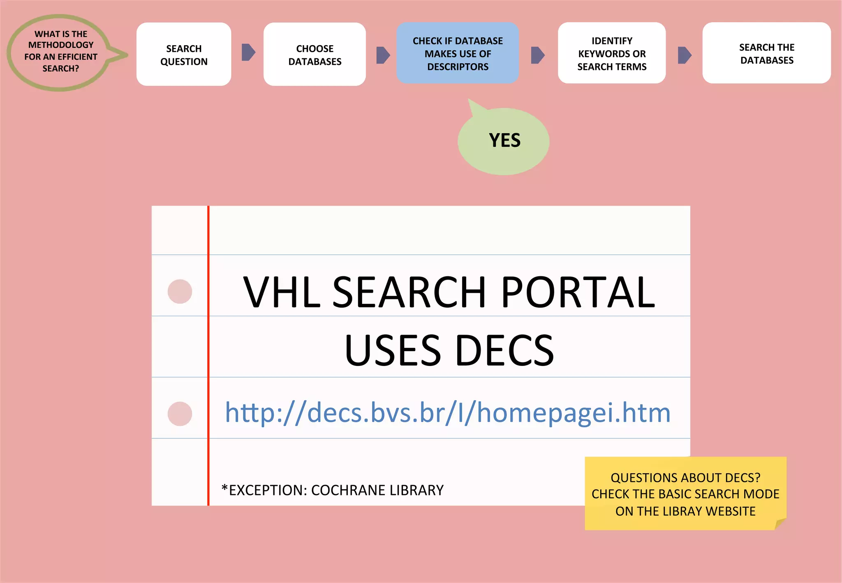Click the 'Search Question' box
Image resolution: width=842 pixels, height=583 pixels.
pos(184,54)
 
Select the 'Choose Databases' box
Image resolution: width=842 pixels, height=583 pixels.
pos(315,54)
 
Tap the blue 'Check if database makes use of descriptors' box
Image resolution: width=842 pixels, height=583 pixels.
pos(458,53)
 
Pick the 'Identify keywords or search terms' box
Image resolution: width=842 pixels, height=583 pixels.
pos(612,53)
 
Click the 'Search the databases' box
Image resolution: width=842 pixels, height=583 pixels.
pos(766,53)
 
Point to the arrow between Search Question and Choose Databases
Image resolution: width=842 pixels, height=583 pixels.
pos(248,52)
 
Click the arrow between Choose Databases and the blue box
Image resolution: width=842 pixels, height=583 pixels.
pos(383,55)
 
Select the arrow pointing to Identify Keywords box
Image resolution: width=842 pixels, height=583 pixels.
pos(537,55)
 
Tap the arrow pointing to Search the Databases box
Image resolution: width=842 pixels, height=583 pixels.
pos(684,55)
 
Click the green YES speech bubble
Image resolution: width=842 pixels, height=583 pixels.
pos(504,141)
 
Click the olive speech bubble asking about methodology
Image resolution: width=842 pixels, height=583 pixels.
pos(60,52)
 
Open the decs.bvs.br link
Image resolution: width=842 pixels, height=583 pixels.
pos(447,412)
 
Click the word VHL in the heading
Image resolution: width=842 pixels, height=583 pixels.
pos(282,292)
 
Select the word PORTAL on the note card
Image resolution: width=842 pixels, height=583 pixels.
pos(578,292)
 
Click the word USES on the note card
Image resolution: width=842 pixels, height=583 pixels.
pos(392,351)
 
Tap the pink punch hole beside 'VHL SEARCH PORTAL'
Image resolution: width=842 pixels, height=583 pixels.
pos(180,291)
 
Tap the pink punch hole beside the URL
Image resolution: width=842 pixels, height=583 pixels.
pos(180,414)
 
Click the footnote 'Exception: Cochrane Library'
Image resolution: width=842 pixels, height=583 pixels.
pos(332,490)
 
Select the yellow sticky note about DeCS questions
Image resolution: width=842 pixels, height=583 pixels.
pos(685,493)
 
